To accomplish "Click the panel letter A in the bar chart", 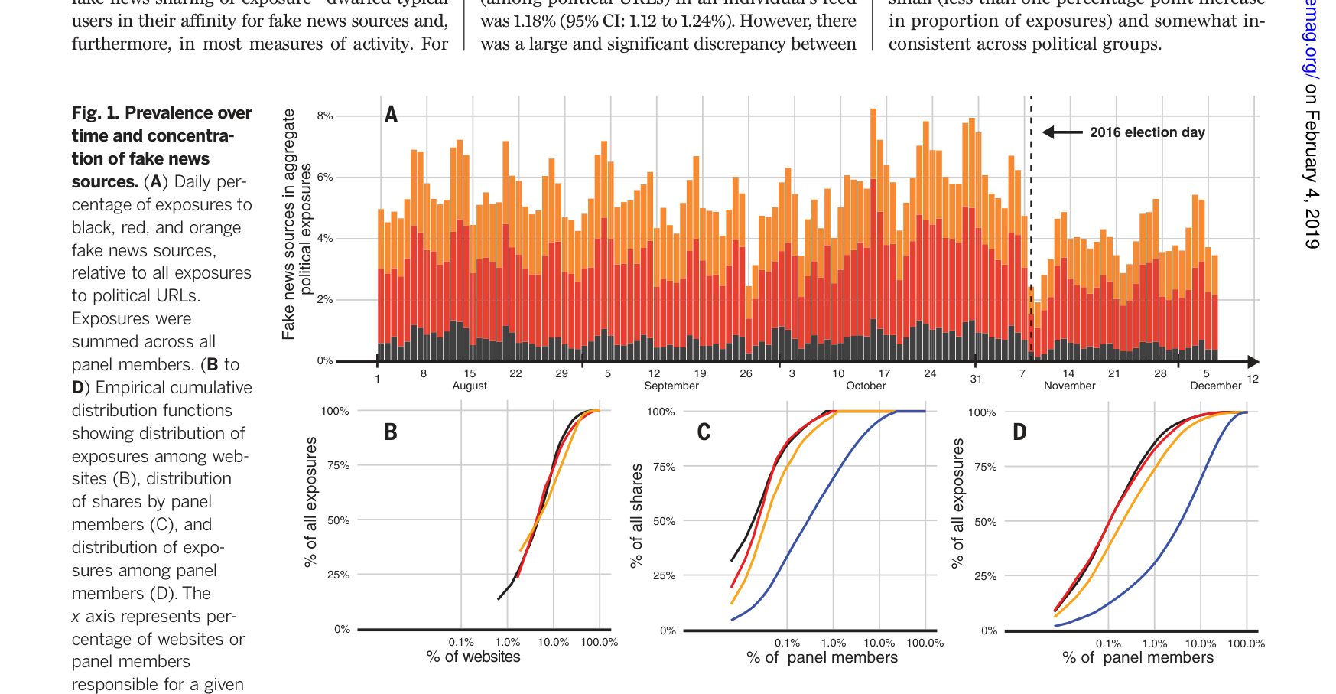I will tap(391, 115).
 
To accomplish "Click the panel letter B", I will tap(391, 432).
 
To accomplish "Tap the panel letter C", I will tap(704, 432).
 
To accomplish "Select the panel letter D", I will tap(1019, 432).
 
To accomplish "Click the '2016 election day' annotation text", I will tap(1147, 132).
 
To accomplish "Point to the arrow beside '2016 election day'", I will tap(1062, 132).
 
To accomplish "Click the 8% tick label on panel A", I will tap(325, 116).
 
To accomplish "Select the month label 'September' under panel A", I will tap(671, 386).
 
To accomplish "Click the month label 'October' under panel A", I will tap(866, 386).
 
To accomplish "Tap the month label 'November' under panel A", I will tap(1069, 386).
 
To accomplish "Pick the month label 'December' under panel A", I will tap(1215, 386).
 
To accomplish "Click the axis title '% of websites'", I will tap(473, 657).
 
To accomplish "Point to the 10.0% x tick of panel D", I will tap(1201, 643).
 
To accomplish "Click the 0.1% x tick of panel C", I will tap(787, 643).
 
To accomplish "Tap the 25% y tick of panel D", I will tap(986, 576).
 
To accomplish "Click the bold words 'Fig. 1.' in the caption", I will tap(96, 113).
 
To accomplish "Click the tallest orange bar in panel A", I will tap(873, 153).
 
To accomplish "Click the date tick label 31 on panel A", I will tap(976, 379).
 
